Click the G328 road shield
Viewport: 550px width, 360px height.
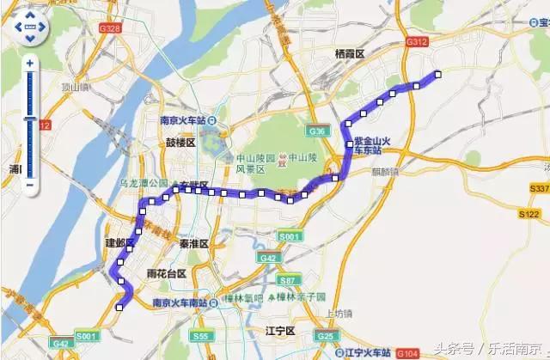coord(111,28)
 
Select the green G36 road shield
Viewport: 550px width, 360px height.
coord(316,131)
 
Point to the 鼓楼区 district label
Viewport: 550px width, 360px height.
coord(180,143)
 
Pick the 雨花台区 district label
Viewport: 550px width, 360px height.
coord(167,273)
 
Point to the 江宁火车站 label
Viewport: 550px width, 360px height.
coord(365,352)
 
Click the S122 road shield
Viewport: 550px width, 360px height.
coord(530,214)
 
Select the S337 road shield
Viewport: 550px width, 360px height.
coord(539,188)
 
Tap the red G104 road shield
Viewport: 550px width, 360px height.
coord(406,353)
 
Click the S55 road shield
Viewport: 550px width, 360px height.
coord(201,336)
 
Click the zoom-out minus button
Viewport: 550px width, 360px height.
coord(30,184)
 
